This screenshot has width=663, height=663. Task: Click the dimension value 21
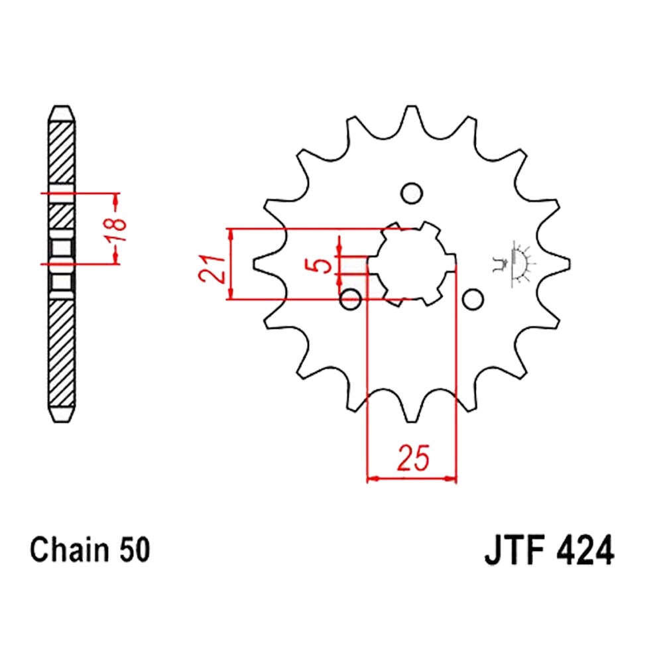click(213, 268)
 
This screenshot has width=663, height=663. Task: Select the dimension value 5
click(324, 265)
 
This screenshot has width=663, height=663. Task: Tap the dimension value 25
click(413, 457)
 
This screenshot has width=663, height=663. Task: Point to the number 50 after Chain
click(135, 550)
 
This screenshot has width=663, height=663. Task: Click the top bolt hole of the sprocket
click(412, 193)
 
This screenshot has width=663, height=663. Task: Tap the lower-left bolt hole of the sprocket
click(351, 299)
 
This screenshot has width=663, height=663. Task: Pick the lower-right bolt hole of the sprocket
click(473, 299)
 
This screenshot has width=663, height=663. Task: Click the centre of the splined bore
click(412, 264)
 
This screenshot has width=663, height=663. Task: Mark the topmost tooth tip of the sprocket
click(412, 106)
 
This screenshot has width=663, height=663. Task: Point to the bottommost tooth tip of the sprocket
click(412, 421)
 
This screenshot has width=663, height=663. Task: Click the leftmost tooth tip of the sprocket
click(254, 264)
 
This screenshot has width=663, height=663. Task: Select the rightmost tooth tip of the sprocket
click(569, 264)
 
